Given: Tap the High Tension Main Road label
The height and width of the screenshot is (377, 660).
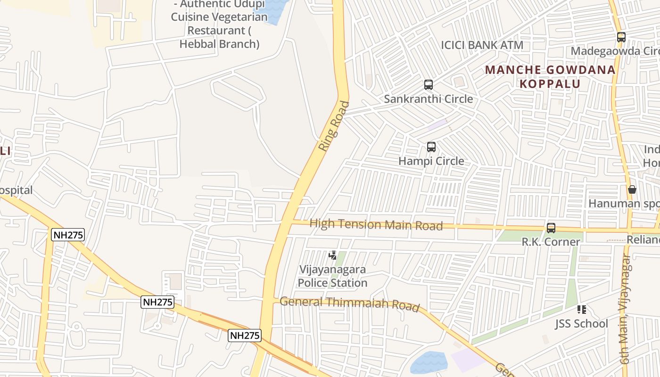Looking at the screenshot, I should coord(376,224).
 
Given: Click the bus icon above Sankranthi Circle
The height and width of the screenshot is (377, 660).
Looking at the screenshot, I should coord(428,85).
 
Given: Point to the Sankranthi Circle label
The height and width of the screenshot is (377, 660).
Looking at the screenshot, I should coord(428,99).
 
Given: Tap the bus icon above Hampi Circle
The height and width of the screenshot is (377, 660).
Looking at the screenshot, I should coord(431,147).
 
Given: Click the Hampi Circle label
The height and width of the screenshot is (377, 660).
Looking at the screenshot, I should coord(431,161).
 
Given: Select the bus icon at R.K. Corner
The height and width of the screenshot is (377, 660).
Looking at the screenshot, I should coord(551,228).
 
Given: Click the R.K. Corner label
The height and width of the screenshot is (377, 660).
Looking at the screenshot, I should coord(551,242).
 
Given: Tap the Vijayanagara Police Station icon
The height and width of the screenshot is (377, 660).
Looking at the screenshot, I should coord(333,255).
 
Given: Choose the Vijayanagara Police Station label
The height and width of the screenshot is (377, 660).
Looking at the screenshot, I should coord(332,276).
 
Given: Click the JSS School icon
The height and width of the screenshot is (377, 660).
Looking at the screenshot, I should coord(581,310).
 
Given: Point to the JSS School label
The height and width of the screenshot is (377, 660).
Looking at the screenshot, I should coord(581,324).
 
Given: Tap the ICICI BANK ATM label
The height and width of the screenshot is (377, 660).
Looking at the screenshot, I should coord(482,45).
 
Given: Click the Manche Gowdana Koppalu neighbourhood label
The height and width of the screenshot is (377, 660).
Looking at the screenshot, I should coord(550,77).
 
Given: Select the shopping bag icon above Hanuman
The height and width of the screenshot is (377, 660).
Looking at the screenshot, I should coord(632,189).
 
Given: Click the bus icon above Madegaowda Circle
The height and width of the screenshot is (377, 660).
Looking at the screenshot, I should coord(621,37).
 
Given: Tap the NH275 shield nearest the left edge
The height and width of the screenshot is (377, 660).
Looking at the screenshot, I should coord(68,235).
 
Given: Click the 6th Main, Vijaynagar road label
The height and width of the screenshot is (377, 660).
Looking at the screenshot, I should coord(625,309).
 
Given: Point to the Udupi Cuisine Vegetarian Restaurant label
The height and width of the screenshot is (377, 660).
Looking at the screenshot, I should coord(219,24).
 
